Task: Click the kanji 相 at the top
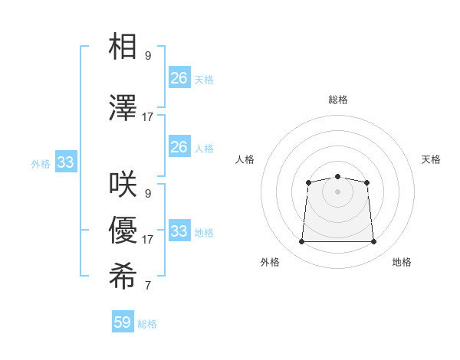pos(123,47)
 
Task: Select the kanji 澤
pos(123,108)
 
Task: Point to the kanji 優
pos(123,231)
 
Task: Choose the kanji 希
pos(123,277)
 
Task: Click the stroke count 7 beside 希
pos(148,286)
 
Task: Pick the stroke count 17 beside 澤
pos(148,117)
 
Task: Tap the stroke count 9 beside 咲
pos(148,194)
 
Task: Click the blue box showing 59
pos(123,322)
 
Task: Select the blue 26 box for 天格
pos(179,77)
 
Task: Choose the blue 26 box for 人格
pos(179,147)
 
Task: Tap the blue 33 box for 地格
pos(179,231)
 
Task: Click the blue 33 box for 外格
pos(65,162)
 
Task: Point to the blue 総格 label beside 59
pos(148,324)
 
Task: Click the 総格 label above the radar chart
pos(337,100)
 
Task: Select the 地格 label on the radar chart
pos(402,262)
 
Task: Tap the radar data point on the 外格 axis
pos(301,242)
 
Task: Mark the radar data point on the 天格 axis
pos(367,182)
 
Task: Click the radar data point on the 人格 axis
pos(308,182)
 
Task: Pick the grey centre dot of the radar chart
pos(337,191)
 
